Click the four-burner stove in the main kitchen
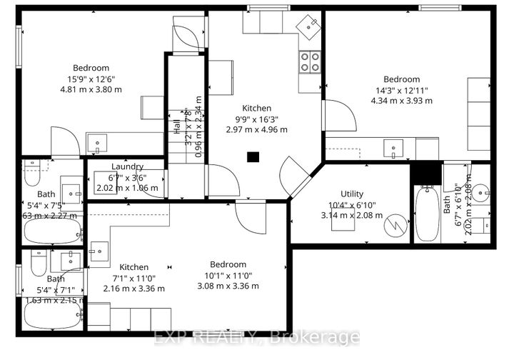(309, 62)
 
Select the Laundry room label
(127, 166)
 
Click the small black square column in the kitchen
(252, 157)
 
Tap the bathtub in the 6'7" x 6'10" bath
(428, 213)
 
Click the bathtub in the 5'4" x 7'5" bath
(51, 231)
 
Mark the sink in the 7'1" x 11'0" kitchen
(99, 251)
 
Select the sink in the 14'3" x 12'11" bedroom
(392, 149)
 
